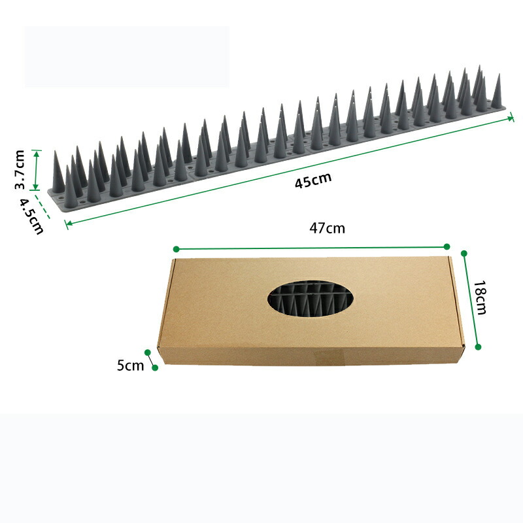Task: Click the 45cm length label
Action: tap(313, 180)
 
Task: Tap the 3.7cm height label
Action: tap(20, 170)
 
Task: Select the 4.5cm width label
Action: tap(31, 216)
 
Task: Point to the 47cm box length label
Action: tap(327, 228)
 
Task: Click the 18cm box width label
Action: tap(480, 297)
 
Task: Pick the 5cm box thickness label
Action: tap(130, 365)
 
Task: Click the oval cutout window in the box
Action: tap(310, 299)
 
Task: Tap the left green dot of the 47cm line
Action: tap(177, 249)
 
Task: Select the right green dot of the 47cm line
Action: tap(447, 246)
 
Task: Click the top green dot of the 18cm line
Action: tap(464, 254)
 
